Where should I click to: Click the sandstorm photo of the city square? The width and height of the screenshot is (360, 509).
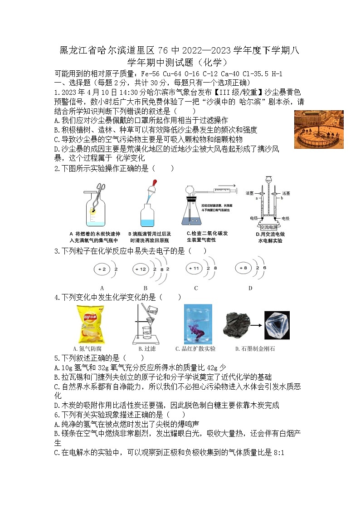click(x=319, y=129)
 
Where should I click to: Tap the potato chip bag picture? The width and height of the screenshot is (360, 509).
click(x=89, y=324)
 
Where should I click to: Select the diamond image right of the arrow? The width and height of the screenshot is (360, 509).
click(x=277, y=325)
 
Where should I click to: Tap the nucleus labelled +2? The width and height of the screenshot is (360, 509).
click(x=101, y=269)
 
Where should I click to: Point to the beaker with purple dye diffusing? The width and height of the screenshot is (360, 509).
click(x=198, y=324)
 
